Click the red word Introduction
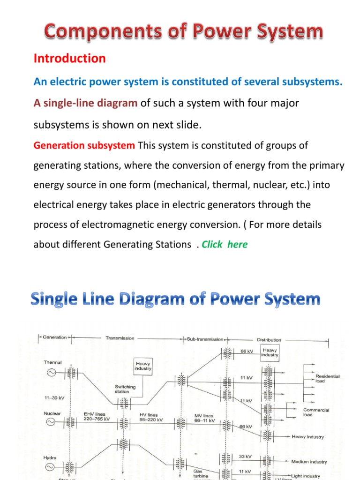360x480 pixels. point(69,59)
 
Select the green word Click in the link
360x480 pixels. point(212,245)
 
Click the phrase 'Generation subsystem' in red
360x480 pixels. point(84,145)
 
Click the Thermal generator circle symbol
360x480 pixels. point(50,373)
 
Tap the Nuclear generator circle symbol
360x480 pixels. point(50,422)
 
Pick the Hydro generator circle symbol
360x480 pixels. point(50,467)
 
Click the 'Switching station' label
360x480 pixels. point(125,389)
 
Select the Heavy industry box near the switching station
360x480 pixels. point(143,366)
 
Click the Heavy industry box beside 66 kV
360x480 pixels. point(270,352)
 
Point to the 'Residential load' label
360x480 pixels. point(327,378)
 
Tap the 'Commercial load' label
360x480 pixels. point(316,412)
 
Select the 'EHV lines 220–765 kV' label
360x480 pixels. point(97,417)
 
